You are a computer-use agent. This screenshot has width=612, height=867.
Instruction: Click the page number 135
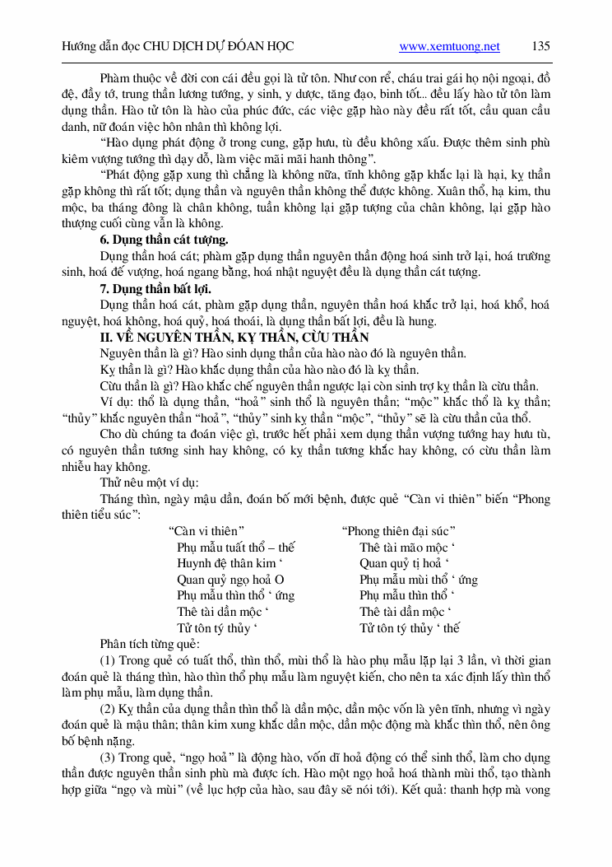540,46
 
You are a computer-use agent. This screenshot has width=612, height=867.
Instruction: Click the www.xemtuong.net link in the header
449,46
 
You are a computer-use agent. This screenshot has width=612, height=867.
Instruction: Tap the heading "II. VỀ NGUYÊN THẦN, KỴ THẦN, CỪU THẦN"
223,337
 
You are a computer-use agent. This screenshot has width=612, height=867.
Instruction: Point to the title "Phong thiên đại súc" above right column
399,530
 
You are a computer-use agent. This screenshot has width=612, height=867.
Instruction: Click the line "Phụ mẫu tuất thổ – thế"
235,547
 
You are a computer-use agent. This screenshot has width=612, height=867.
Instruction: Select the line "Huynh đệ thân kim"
224,563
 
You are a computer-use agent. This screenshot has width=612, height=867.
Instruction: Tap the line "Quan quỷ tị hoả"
404,563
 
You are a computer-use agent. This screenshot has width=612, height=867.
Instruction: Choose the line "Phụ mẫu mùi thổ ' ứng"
418,579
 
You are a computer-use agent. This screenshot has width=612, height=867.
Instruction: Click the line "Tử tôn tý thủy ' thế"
409,627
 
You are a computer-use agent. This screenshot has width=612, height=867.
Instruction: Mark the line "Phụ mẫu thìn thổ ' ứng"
235,595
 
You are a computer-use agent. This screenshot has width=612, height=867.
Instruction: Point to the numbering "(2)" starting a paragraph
108,708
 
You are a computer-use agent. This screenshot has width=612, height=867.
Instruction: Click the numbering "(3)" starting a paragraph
108,757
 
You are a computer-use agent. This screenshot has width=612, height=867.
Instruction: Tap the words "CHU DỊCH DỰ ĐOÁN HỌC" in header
217,46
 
